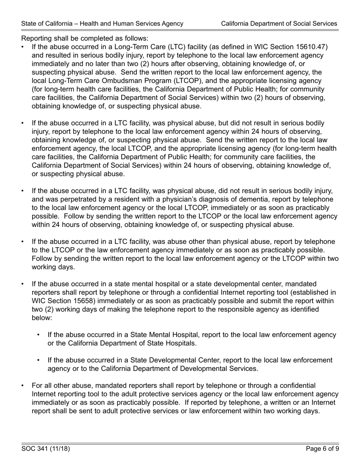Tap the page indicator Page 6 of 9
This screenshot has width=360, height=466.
point(322,449)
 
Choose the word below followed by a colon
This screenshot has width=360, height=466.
point(42,318)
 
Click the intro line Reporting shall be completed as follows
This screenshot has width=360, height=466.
point(85,38)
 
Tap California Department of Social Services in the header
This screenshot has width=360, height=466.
point(279,23)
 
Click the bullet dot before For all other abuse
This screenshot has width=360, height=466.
point(23,386)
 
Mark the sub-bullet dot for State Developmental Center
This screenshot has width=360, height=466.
point(39,360)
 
